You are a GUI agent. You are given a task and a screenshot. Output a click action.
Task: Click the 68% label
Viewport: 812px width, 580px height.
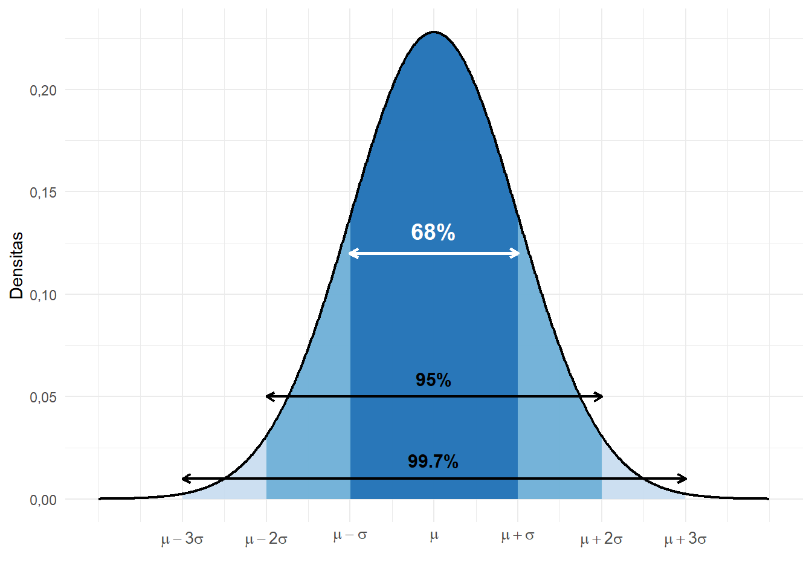[433, 232]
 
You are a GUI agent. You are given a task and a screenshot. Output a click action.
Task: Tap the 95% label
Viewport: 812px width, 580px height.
[433, 380]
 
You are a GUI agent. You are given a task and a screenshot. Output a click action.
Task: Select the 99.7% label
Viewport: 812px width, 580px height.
[433, 462]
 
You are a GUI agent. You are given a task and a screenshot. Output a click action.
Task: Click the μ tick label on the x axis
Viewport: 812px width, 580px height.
[434, 536]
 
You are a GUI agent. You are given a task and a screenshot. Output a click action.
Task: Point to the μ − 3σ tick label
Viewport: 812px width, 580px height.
[182, 539]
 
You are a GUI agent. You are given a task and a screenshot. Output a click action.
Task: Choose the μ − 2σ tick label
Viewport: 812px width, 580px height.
[266, 539]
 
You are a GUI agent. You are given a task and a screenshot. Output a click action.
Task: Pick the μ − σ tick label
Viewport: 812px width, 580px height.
[350, 535]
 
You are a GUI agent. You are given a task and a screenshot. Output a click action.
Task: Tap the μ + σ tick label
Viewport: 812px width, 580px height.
[518, 535]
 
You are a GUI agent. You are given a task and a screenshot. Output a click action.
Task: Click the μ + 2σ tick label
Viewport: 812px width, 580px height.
[601, 539]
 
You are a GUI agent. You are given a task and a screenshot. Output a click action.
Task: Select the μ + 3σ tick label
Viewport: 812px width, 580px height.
[685, 539]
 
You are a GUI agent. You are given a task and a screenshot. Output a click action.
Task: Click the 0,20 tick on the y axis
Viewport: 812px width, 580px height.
[43, 91]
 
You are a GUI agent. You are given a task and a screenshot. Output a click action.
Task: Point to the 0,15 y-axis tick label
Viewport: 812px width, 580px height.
[43, 193]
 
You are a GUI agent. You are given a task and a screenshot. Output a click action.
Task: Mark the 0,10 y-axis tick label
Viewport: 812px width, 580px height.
[43, 295]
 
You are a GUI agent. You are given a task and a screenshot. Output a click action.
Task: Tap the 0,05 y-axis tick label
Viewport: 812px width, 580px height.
[43, 398]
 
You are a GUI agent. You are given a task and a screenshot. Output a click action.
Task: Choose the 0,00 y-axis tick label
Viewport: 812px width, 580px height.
[43, 500]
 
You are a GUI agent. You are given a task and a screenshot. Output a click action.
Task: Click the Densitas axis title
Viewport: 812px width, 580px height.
[17, 265]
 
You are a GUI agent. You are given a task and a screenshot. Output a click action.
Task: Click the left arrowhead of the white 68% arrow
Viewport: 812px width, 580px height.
[352, 254]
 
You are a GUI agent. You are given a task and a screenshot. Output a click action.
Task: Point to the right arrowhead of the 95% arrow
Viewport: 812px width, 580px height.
[600, 397]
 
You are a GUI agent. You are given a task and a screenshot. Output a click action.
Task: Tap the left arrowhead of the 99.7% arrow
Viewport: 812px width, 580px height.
[185, 479]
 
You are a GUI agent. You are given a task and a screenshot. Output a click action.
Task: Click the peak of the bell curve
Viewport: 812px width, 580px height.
[434, 32]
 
